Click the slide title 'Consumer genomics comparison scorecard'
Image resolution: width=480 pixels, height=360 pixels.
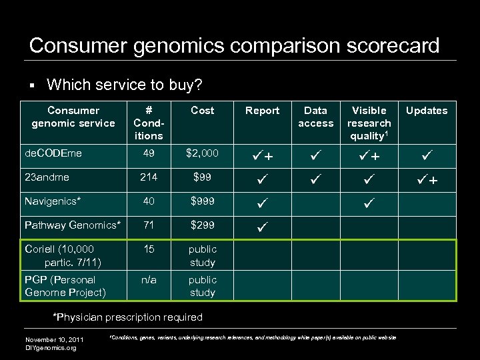pyautogui.click(x=234, y=45)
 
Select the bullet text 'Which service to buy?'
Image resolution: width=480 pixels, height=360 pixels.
pyautogui.click(x=125, y=85)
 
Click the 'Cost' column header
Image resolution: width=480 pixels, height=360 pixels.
pyautogui.click(x=202, y=111)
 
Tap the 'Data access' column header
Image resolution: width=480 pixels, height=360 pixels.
pyautogui.click(x=315, y=117)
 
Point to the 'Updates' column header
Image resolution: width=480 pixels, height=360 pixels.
pyautogui.click(x=427, y=111)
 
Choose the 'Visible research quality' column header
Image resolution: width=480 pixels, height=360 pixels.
pyautogui.click(x=369, y=123)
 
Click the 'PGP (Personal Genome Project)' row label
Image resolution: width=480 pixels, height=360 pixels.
pyautogui.click(x=65, y=286)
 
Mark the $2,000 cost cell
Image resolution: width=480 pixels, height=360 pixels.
pyautogui.click(x=202, y=153)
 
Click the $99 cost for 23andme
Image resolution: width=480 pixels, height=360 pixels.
pyautogui.click(x=202, y=177)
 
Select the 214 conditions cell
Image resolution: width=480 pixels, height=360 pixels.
pyautogui.click(x=149, y=177)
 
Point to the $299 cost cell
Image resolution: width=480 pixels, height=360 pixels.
pyautogui.click(x=202, y=225)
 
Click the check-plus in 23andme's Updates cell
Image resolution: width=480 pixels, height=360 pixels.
pyautogui.click(x=427, y=179)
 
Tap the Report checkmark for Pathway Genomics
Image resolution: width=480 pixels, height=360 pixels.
pyautogui.click(x=262, y=227)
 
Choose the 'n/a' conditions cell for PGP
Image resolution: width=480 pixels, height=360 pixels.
pyautogui.click(x=149, y=280)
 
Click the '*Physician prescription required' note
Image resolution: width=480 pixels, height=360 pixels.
pyautogui.click(x=127, y=317)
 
